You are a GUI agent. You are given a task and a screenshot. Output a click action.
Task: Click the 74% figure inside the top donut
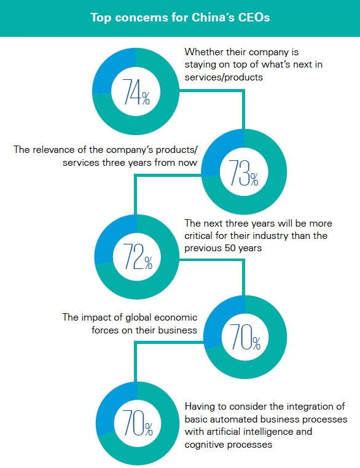click(x=136, y=92)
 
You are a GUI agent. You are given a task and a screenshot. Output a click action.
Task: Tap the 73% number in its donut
click(x=243, y=173)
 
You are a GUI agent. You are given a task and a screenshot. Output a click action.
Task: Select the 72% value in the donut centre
click(x=138, y=256)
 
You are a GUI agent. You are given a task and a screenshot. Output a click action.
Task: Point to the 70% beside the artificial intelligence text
click(x=138, y=423)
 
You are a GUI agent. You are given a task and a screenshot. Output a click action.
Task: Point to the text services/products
click(x=224, y=77)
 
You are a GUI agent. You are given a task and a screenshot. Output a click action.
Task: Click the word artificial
click(x=222, y=432)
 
